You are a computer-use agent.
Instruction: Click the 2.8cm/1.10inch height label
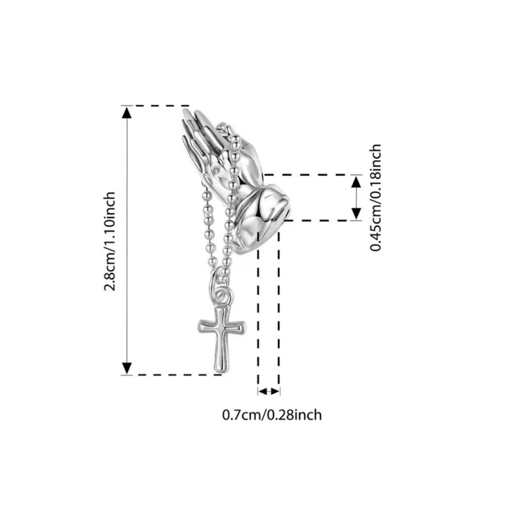click(x=110, y=241)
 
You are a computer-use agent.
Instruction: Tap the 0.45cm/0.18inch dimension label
click(x=376, y=198)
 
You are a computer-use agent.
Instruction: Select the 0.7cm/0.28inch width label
click(x=272, y=415)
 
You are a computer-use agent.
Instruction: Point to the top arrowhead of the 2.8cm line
click(x=127, y=113)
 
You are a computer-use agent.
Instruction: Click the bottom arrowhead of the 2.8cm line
click(x=127, y=368)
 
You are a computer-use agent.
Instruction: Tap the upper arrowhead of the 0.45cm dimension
click(x=356, y=182)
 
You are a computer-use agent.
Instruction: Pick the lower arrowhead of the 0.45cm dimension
click(x=356, y=213)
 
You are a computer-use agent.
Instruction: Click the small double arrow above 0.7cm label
click(x=269, y=392)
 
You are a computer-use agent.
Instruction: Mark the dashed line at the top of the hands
click(x=156, y=105)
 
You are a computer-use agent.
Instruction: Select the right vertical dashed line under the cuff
click(x=279, y=308)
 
